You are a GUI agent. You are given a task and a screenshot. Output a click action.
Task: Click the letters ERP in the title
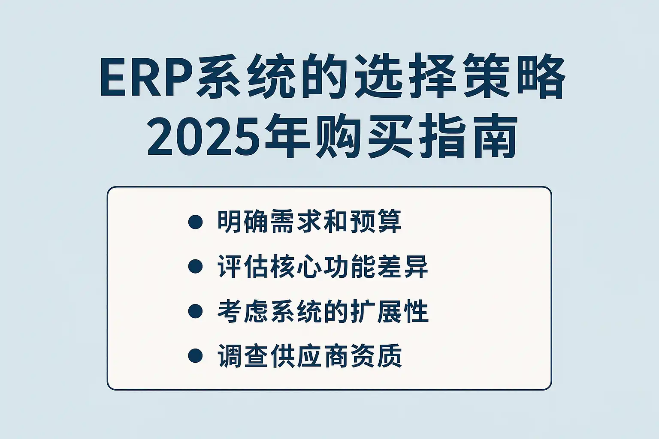[148, 77]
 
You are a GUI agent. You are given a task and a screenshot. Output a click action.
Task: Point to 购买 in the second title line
[364, 137]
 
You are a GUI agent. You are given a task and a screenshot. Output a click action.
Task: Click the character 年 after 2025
[288, 137]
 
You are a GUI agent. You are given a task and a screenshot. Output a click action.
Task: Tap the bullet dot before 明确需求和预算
[195, 222]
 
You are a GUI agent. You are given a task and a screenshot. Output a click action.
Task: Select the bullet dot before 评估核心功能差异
[195, 266]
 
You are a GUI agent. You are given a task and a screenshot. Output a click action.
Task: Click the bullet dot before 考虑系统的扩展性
[195, 311]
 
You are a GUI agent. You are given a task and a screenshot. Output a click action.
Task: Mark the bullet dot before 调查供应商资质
[195, 356]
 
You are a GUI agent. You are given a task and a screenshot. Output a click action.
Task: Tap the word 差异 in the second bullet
[402, 266]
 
